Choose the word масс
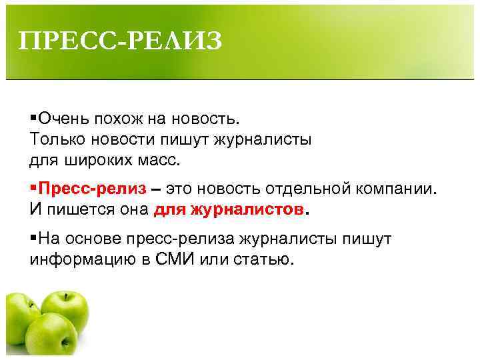pos(163,161)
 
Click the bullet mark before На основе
pos(33,238)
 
